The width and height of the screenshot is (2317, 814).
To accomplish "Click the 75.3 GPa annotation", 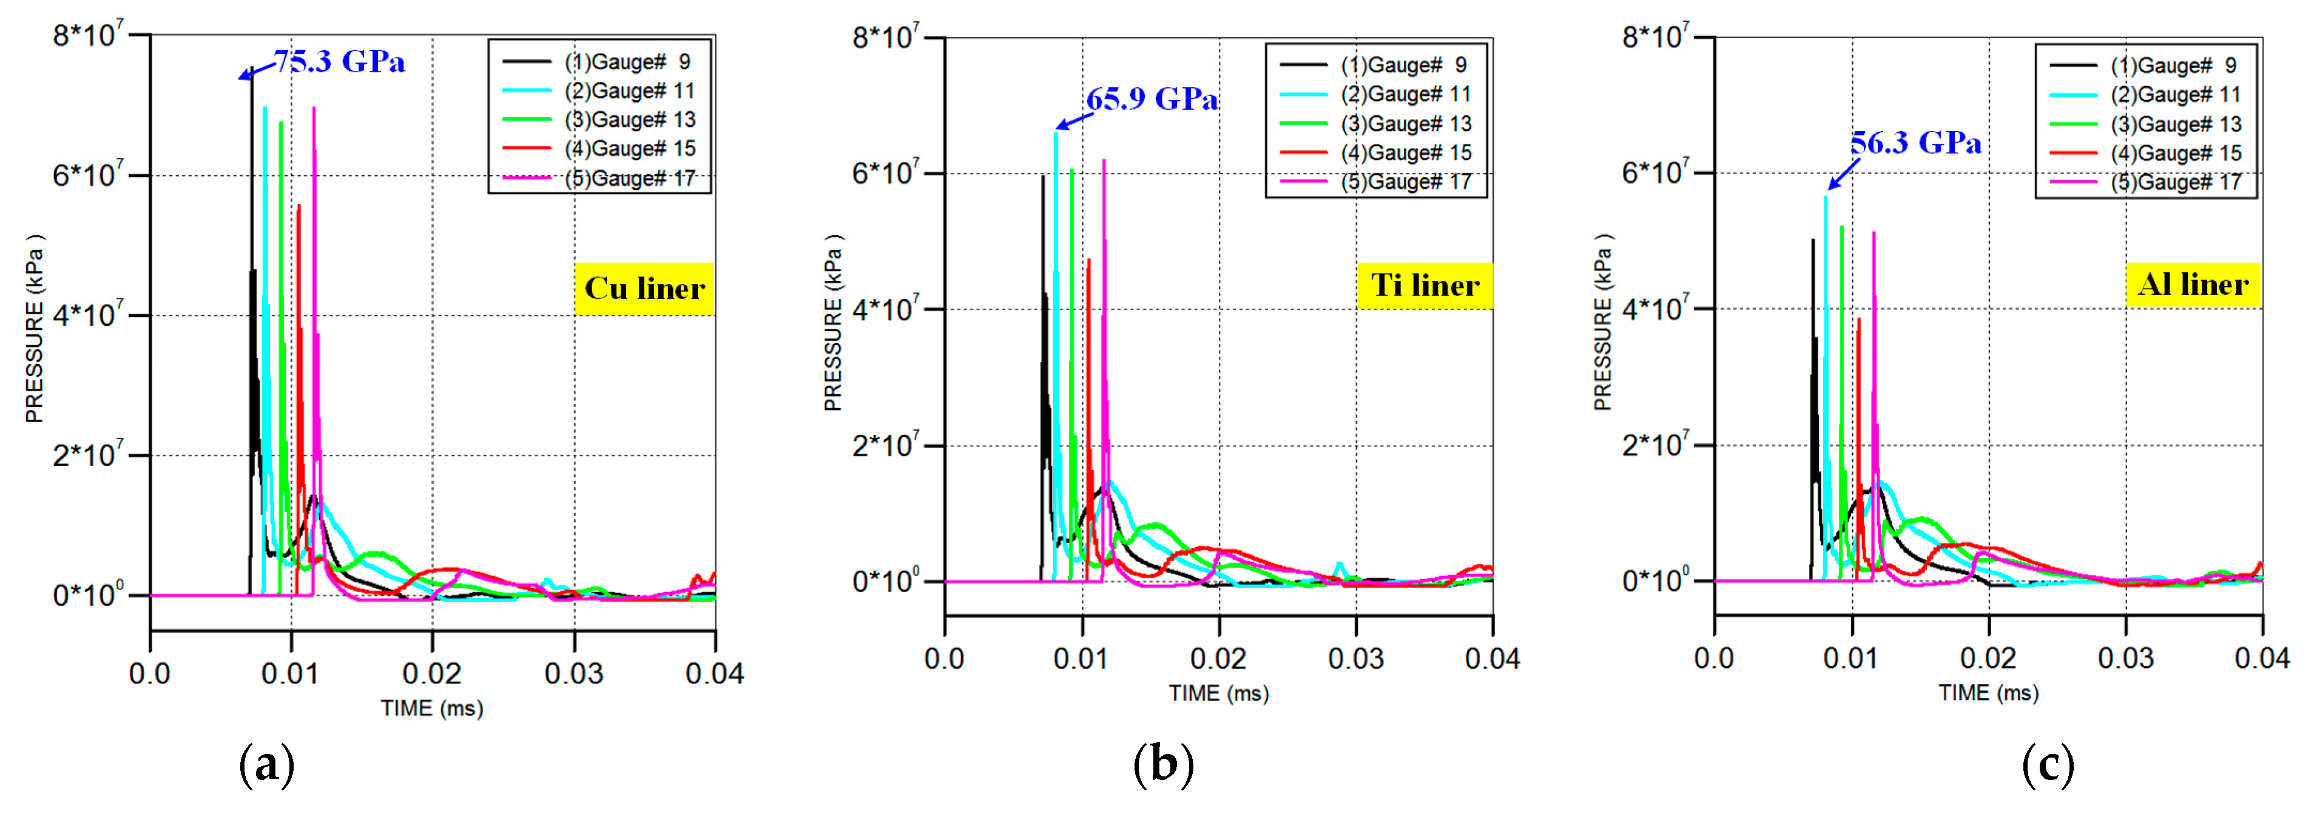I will pyautogui.click(x=339, y=61).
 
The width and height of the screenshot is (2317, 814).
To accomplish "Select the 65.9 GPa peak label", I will pyautogui.click(x=1152, y=99).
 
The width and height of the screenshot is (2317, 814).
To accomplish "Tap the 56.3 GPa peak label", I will pyautogui.click(x=1916, y=143).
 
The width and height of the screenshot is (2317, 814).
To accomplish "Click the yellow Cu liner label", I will pyautogui.click(x=644, y=289).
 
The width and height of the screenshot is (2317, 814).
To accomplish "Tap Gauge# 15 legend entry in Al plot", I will pyautogui.click(x=2176, y=153).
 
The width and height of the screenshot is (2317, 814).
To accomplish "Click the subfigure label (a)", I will pyautogui.click(x=267, y=765).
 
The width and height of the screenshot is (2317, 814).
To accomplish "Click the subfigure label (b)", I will pyautogui.click(x=1163, y=765).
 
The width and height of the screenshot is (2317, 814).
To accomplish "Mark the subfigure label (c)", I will pyautogui.click(x=2048, y=765).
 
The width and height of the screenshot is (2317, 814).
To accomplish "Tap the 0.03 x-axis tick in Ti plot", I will pyautogui.click(x=1355, y=658).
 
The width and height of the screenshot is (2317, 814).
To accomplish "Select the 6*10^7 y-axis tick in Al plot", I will pyautogui.click(x=1655, y=172).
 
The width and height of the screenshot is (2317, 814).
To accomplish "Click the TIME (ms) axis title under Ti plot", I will pyautogui.click(x=1219, y=693).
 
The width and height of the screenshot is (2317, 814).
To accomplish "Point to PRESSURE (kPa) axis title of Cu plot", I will pyautogui.click(x=34, y=328).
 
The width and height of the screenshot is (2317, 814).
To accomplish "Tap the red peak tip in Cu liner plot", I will pyautogui.click(x=298, y=206).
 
